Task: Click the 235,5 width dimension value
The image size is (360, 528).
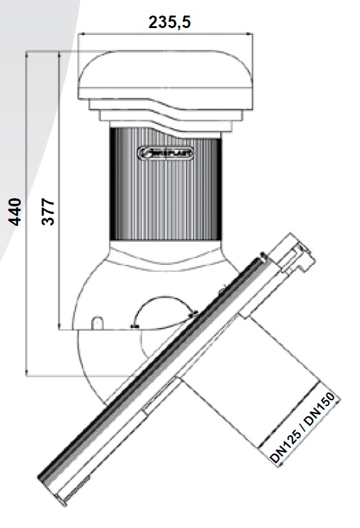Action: (169, 22)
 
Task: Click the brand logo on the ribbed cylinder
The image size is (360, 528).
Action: (165, 151)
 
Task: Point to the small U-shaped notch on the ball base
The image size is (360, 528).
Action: (97, 322)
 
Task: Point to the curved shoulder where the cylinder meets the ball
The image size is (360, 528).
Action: (165, 252)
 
